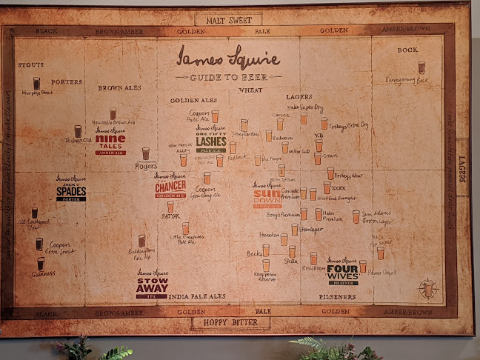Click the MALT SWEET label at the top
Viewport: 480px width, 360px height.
[228, 19]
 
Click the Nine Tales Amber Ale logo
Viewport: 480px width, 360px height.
[110, 140]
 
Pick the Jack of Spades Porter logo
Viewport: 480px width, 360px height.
[71, 189]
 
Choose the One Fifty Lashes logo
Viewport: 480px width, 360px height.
[211, 139]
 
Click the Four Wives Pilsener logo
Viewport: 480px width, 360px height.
[342, 271]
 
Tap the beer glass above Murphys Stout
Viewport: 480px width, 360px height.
[36, 83]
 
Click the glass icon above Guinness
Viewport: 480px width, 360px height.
[41, 263]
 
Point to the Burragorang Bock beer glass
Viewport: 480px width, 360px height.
[421, 67]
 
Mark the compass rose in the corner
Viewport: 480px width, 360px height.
[428, 288]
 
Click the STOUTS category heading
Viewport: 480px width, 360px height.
[30, 65]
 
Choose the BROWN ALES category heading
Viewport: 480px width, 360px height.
[119, 87]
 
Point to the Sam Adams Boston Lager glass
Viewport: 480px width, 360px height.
[356, 216]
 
